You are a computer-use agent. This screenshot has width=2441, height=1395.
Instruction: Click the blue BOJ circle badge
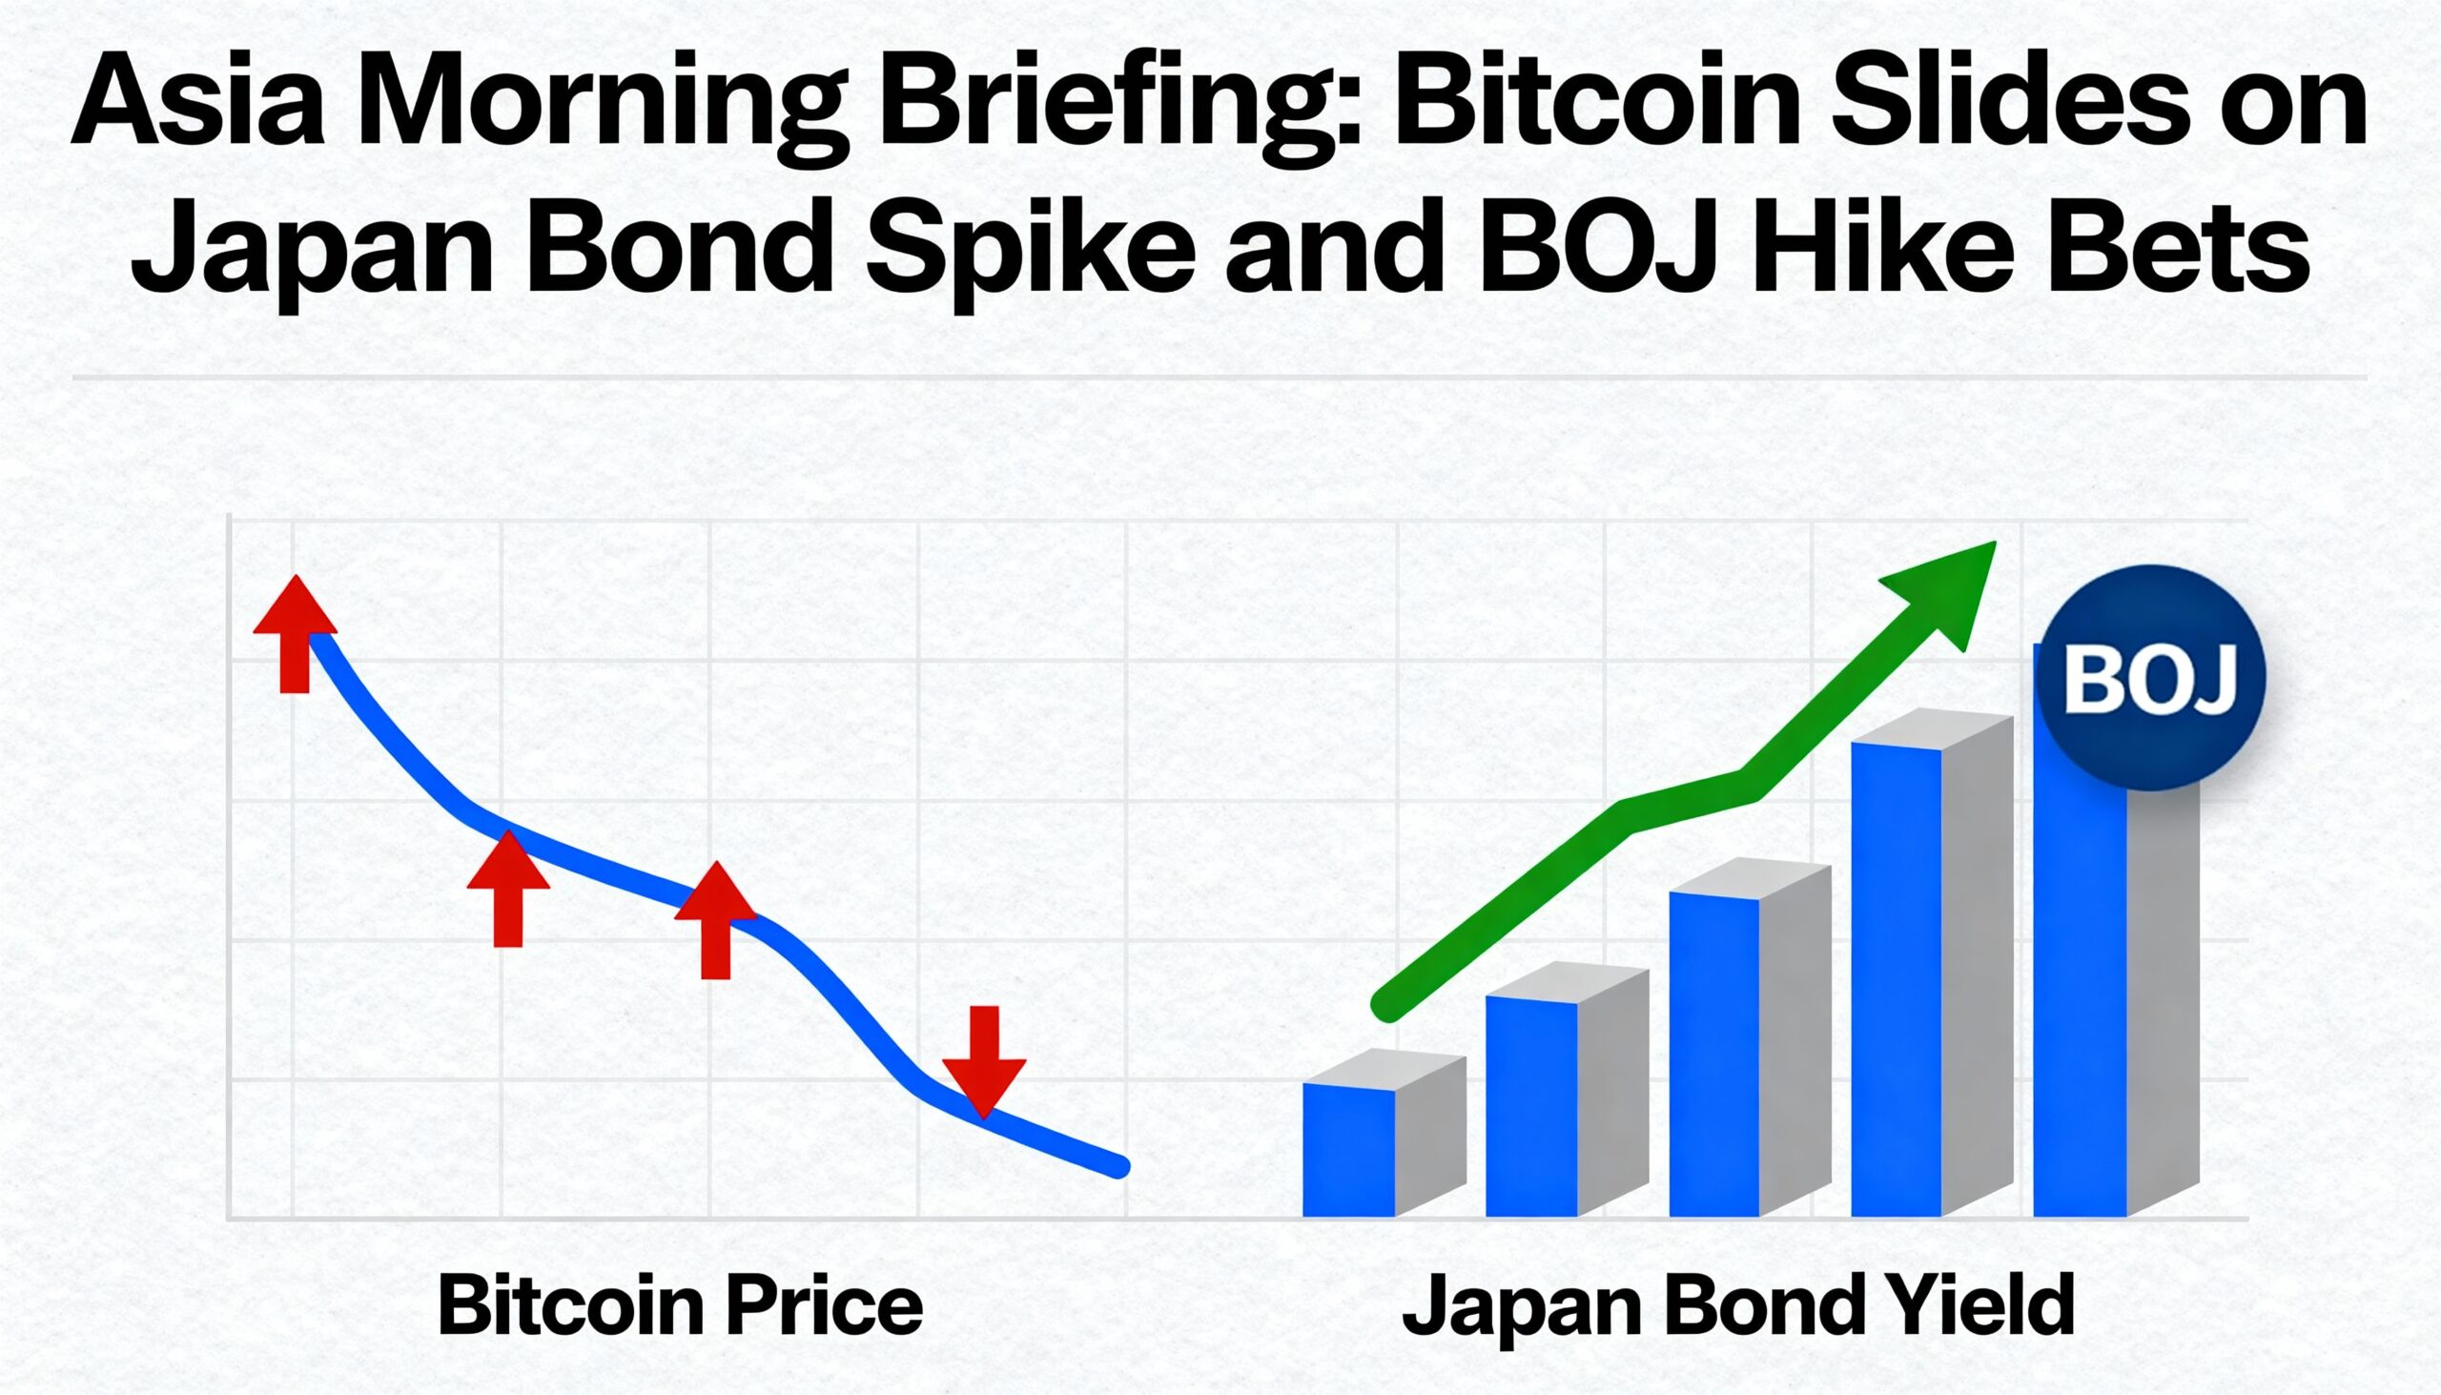click(2150, 677)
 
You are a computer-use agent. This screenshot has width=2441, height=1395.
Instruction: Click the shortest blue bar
click(1349, 1150)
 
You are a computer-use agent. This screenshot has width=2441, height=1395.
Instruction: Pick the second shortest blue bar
click(1531, 1107)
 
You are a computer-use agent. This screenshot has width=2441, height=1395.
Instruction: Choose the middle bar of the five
click(1713, 1054)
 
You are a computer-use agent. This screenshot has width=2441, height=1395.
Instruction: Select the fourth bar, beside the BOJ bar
click(1897, 977)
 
